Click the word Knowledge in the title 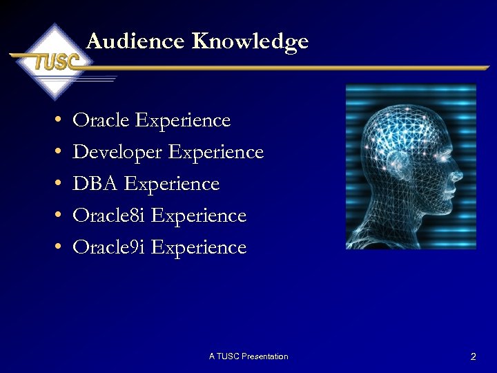[250, 42]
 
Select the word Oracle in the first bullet [101, 120]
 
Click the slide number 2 [473, 357]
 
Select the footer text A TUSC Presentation [248, 356]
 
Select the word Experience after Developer [216, 153]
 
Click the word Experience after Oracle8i [198, 216]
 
